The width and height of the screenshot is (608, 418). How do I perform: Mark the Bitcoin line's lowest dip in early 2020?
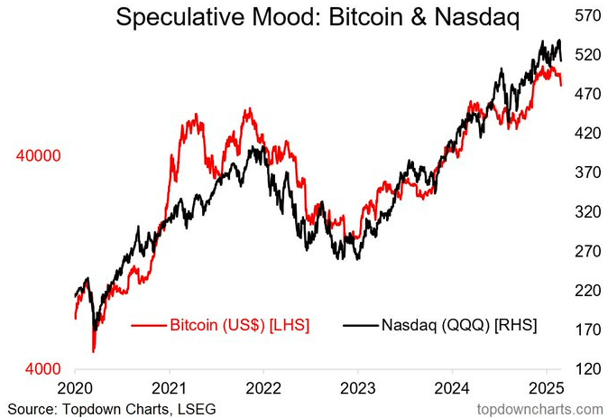pyautogui.click(x=93, y=350)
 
